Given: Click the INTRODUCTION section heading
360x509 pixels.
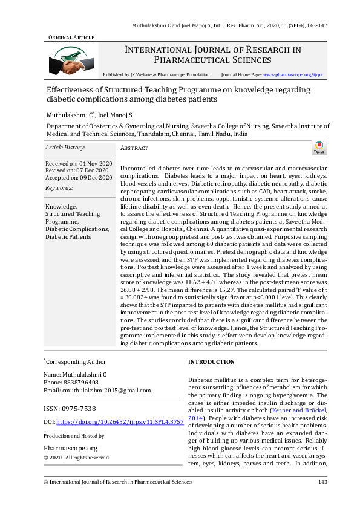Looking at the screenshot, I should coord(211,361).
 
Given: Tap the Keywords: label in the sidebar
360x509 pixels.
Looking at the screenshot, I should coord(59,188).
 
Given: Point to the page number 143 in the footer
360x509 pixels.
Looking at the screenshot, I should coord(322,482).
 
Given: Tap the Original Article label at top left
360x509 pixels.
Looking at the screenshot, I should coord(71,37).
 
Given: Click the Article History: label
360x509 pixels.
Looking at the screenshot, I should coord(65,148).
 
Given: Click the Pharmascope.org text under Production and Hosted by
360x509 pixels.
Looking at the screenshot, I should coord(71,448).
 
